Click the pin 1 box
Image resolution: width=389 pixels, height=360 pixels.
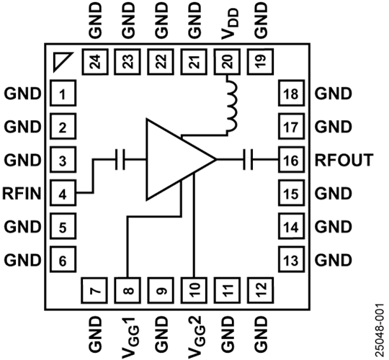click(x=63, y=93)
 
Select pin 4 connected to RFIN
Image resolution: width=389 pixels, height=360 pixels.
click(x=63, y=193)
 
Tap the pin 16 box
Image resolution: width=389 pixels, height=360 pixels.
click(x=291, y=159)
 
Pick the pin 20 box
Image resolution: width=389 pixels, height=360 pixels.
click(x=227, y=61)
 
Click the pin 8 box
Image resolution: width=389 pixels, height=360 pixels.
click(x=128, y=290)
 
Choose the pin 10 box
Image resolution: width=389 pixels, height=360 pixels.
click(x=194, y=290)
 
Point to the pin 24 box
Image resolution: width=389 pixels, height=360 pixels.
click(x=95, y=61)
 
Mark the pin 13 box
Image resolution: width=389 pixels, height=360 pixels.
click(x=291, y=259)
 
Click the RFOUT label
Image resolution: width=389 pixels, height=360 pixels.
click(x=344, y=160)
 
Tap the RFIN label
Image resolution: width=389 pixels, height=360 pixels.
click(x=22, y=193)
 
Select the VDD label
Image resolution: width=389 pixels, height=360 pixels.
click(x=230, y=24)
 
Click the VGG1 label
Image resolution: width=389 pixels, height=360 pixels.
click(x=130, y=337)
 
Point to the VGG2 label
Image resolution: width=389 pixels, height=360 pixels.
click(x=197, y=337)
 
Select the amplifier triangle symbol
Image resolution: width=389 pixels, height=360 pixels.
click(x=181, y=159)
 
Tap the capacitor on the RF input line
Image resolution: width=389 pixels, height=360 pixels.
click(x=120, y=159)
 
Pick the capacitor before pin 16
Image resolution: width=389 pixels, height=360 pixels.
click(x=248, y=159)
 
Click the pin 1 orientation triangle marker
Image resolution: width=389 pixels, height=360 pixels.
click(x=63, y=62)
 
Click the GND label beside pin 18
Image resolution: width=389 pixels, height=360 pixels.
click(x=334, y=94)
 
